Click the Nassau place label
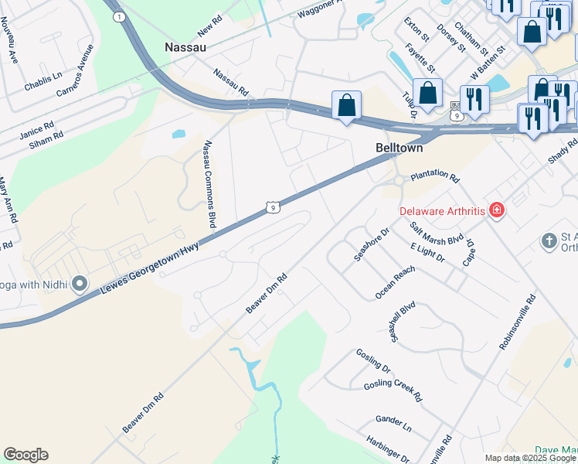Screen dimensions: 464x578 [185, 47]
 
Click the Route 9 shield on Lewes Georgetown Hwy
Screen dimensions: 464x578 [270, 206]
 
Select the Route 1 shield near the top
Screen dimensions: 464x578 [118, 16]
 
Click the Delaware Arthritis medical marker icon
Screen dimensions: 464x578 [496, 210]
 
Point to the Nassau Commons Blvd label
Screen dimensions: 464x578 [209, 183]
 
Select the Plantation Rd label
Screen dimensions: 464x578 [434, 177]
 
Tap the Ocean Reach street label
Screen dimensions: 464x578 [395, 282]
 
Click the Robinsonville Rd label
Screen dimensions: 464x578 [517, 321]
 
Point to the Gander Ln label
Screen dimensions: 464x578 [393, 423]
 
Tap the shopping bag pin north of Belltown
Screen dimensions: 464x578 [427, 93]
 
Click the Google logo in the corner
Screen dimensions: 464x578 [25, 455]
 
